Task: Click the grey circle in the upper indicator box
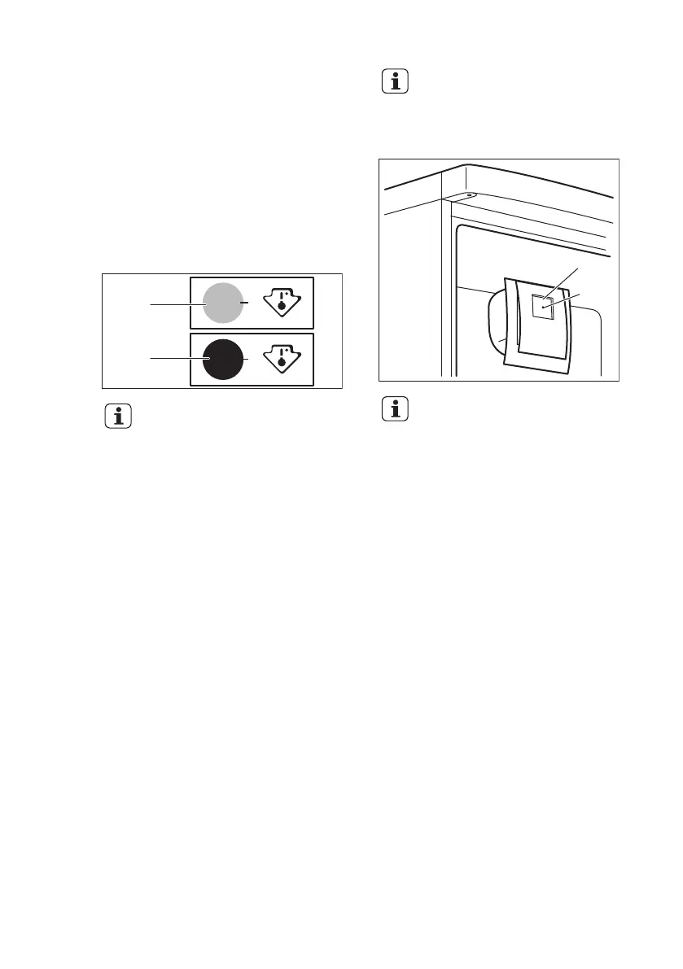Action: (221, 303)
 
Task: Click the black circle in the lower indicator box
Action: (221, 359)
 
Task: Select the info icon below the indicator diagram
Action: (120, 418)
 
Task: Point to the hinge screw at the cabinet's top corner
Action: (470, 195)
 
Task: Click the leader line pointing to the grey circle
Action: (175, 303)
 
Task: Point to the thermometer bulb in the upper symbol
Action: (280, 309)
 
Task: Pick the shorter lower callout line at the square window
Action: (563, 299)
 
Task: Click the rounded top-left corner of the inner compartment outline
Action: (462, 230)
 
